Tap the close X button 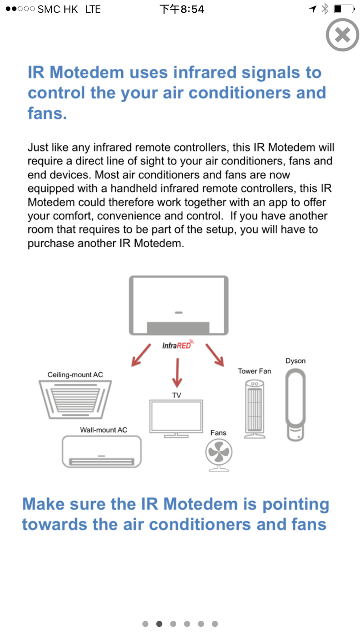pos(342,35)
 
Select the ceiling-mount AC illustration pos(75,399)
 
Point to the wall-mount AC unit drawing pos(102,452)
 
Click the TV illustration pos(176,418)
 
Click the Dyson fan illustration pos(296,404)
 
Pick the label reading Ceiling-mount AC pos(75,375)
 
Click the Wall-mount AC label pos(104,430)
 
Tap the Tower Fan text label pos(254,371)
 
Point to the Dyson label pos(296,361)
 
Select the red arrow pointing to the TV pos(177,373)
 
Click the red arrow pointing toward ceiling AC pos(141,355)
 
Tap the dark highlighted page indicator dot pos(159,624)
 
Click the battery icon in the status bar pos(344,9)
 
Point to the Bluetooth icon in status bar pos(325,9)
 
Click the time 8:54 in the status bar pos(192,9)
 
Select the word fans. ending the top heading pos(47,114)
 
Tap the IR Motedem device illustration pos(178,305)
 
